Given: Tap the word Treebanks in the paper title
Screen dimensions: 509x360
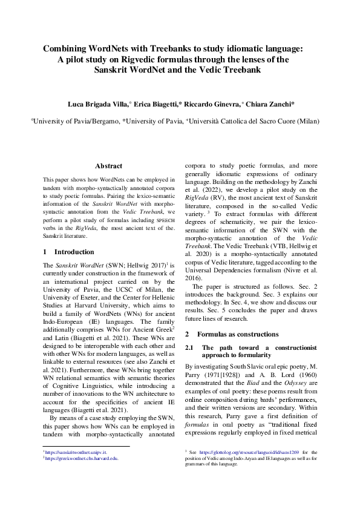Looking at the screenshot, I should (175, 48).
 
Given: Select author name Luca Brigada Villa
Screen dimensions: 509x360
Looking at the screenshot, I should (95, 104).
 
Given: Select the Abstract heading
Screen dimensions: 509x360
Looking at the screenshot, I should (109, 166).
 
